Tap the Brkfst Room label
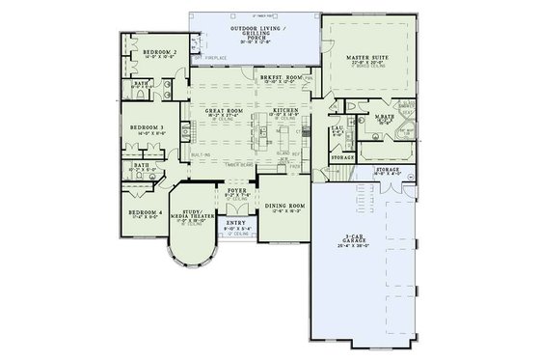pyautogui.click(x=277, y=76)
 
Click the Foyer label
pyautogui.click(x=237, y=191)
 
